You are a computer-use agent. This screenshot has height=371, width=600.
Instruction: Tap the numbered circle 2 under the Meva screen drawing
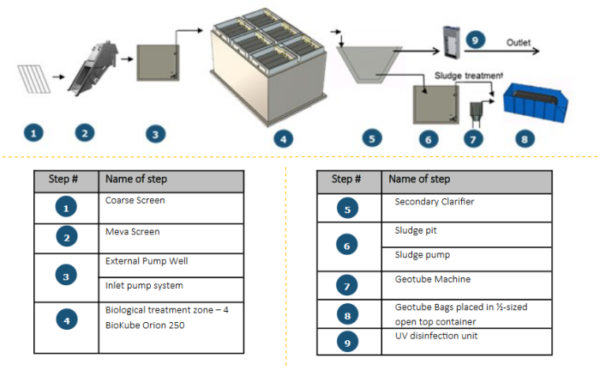pos(83,132)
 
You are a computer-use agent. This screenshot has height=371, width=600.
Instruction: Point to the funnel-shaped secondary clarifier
pos(371,67)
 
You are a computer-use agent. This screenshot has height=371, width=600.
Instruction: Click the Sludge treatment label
pos(469,75)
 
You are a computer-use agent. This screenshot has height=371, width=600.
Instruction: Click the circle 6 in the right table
pos(347,244)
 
